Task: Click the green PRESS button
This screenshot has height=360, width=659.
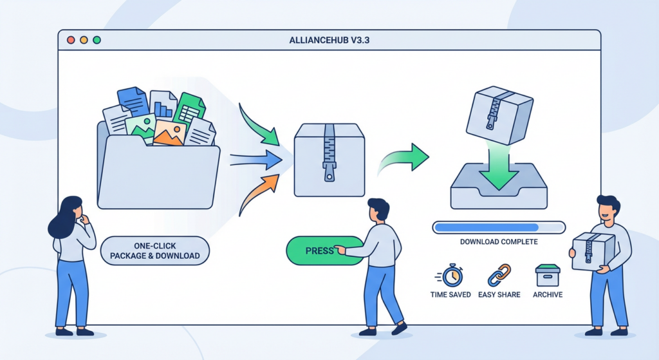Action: coord(315,251)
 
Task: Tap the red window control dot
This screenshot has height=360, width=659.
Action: coord(70,40)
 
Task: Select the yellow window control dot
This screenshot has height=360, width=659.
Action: coord(84,40)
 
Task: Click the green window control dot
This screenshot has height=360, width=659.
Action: coord(97,40)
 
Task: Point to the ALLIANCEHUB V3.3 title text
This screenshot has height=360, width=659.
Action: coord(329,41)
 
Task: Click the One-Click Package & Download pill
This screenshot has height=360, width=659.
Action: coord(154,251)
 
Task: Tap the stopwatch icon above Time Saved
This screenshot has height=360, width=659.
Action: coord(450,275)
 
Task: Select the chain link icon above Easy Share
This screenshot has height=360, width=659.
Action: coord(496,275)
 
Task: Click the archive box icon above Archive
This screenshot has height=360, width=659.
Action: coord(547,276)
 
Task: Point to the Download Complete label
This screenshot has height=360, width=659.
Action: coord(499,242)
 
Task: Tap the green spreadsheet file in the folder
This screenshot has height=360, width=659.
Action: coord(188,109)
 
